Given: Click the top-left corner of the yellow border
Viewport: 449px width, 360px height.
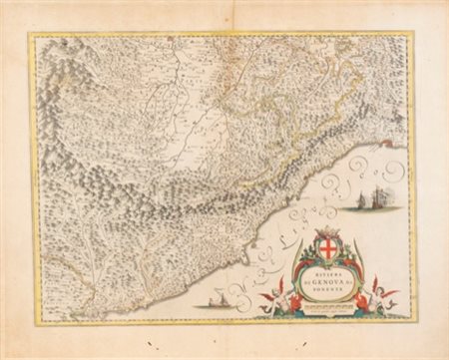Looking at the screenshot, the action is tap(30, 34).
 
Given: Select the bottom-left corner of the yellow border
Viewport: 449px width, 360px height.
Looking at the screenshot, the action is tap(30, 320).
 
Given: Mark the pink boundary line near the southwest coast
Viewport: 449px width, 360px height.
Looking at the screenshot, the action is tap(60, 289).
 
